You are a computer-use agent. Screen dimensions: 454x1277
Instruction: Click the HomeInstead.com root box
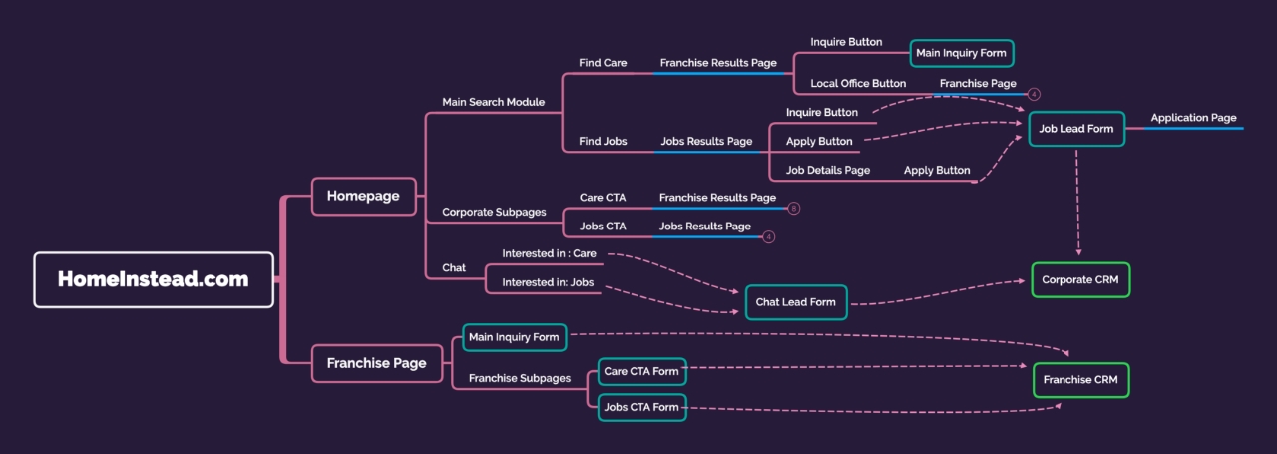point(153,279)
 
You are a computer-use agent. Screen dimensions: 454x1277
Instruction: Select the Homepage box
point(362,196)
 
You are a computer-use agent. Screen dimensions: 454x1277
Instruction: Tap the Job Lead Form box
point(1076,129)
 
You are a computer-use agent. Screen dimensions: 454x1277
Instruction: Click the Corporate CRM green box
point(1080,280)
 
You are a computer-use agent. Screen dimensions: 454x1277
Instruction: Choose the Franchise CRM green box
point(1080,380)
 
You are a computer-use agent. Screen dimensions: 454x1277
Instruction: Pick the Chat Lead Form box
point(795,302)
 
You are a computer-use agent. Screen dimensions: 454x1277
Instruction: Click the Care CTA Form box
point(641,372)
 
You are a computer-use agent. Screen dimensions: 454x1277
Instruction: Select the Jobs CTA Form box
point(641,407)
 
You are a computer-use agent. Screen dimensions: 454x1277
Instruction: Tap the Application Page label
point(1193,118)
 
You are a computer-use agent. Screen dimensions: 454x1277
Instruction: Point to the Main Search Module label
point(493,102)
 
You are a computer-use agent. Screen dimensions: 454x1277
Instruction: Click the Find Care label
point(603,63)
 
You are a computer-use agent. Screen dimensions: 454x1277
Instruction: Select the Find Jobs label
point(603,142)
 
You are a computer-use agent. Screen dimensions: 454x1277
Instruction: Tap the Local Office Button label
point(858,84)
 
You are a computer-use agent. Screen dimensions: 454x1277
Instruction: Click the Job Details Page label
point(828,170)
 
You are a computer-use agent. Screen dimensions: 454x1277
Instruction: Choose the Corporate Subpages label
point(494,213)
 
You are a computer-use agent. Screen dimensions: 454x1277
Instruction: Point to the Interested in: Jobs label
point(548,282)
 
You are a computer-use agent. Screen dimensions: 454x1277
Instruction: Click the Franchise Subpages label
point(520,378)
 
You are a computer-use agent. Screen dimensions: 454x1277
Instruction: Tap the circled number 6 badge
point(793,209)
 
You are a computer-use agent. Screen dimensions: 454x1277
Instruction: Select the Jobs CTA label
point(603,227)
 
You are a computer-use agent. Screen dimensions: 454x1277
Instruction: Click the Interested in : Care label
point(549,253)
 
